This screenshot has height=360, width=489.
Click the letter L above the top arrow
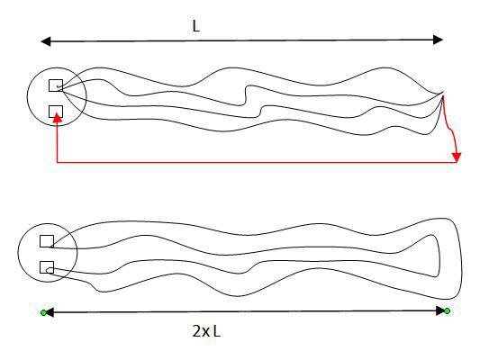pyautogui.click(x=195, y=26)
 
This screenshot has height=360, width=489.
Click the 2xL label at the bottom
pyautogui.click(x=206, y=331)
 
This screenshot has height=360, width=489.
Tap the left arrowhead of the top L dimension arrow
pyautogui.click(x=46, y=41)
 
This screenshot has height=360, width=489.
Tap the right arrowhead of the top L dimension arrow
pyautogui.click(x=438, y=40)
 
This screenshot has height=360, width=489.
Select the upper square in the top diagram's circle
pyautogui.click(x=56, y=85)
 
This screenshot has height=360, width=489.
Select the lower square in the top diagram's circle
pyautogui.click(x=56, y=112)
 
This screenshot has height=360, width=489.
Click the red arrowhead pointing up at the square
pyautogui.click(x=57, y=117)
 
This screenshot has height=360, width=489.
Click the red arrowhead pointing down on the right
pyautogui.click(x=457, y=157)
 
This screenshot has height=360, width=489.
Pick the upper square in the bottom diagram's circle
pyautogui.click(x=47, y=241)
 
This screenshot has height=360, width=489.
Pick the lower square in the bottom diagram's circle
pyautogui.click(x=47, y=267)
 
